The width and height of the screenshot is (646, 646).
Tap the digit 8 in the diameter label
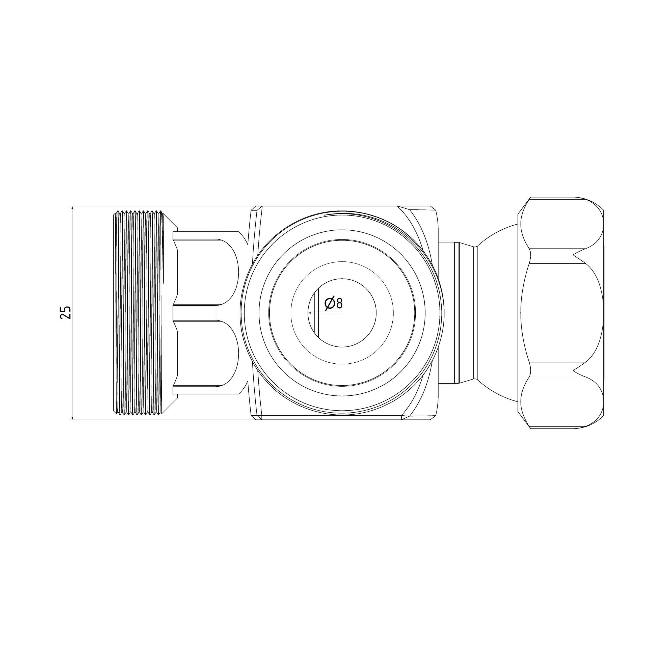[x=339, y=303]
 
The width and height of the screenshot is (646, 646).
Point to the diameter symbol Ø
[x=329, y=304]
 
